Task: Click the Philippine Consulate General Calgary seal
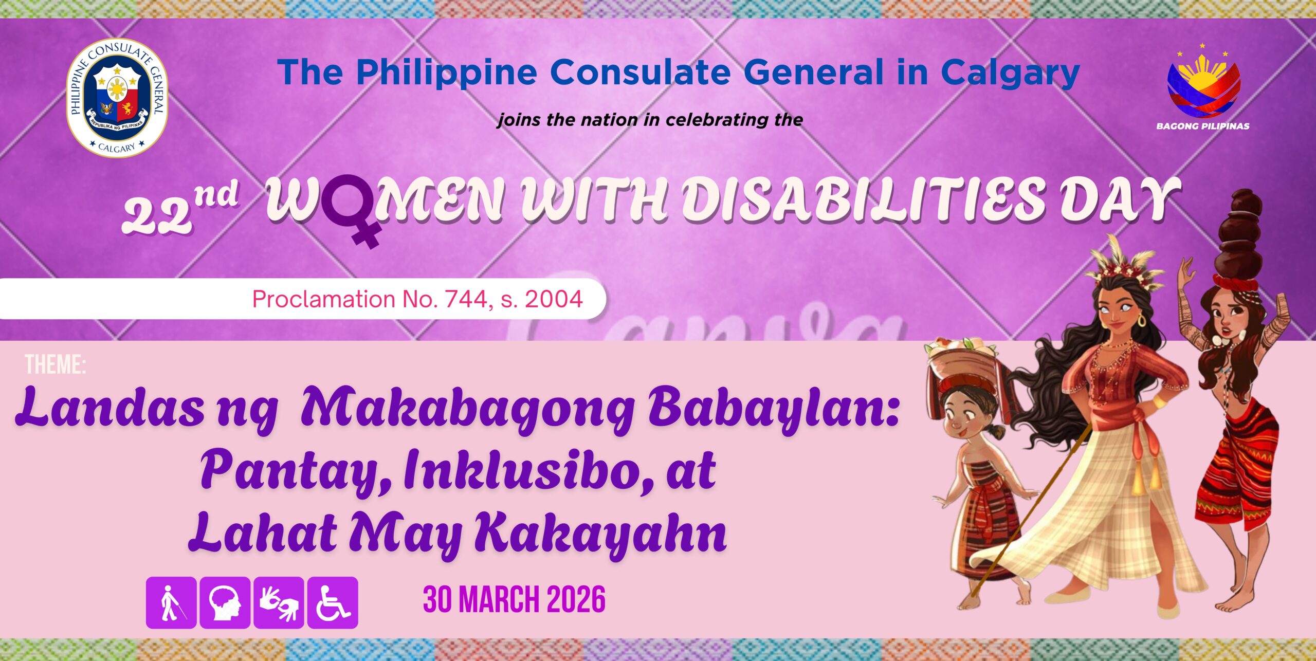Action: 117,98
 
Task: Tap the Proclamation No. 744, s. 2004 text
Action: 417,299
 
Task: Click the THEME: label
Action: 56,364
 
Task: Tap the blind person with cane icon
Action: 171,602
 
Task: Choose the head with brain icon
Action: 225,602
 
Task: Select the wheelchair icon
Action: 333,602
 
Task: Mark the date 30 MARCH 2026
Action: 514,599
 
